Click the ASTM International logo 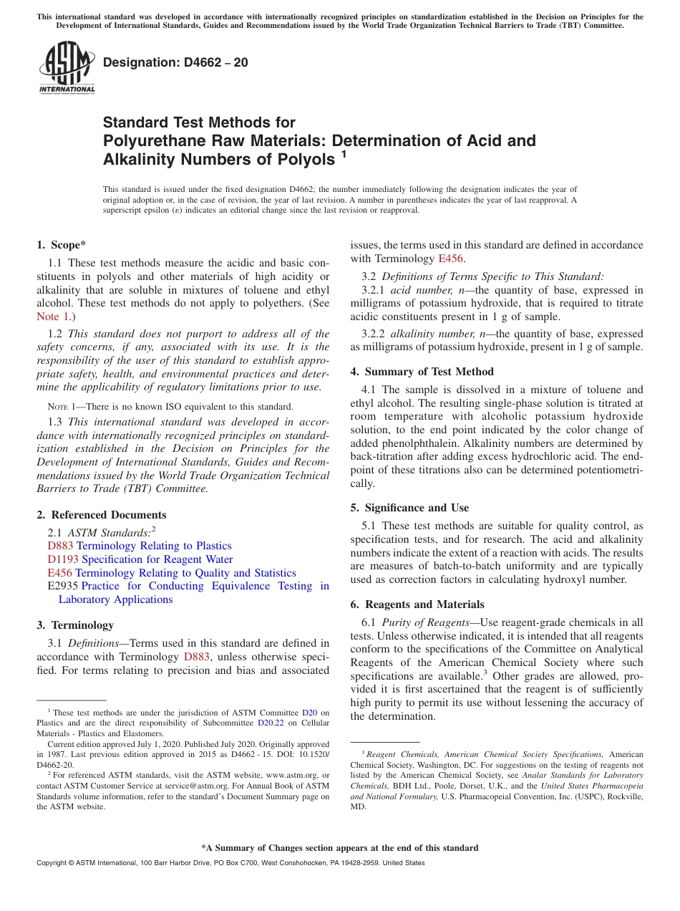[67, 67]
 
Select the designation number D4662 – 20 [176, 62]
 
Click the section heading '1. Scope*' [62, 245]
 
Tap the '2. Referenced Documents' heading [102, 515]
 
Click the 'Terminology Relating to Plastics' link [154, 546]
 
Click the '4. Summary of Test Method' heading [422, 372]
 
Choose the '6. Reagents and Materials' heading [417, 604]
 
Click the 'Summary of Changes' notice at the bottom [339, 848]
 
